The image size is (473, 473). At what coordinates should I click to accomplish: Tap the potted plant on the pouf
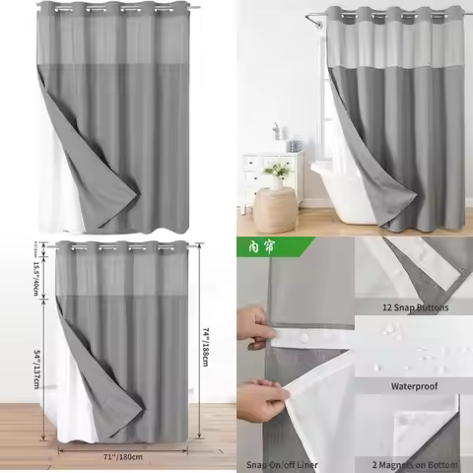pos(277,176)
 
